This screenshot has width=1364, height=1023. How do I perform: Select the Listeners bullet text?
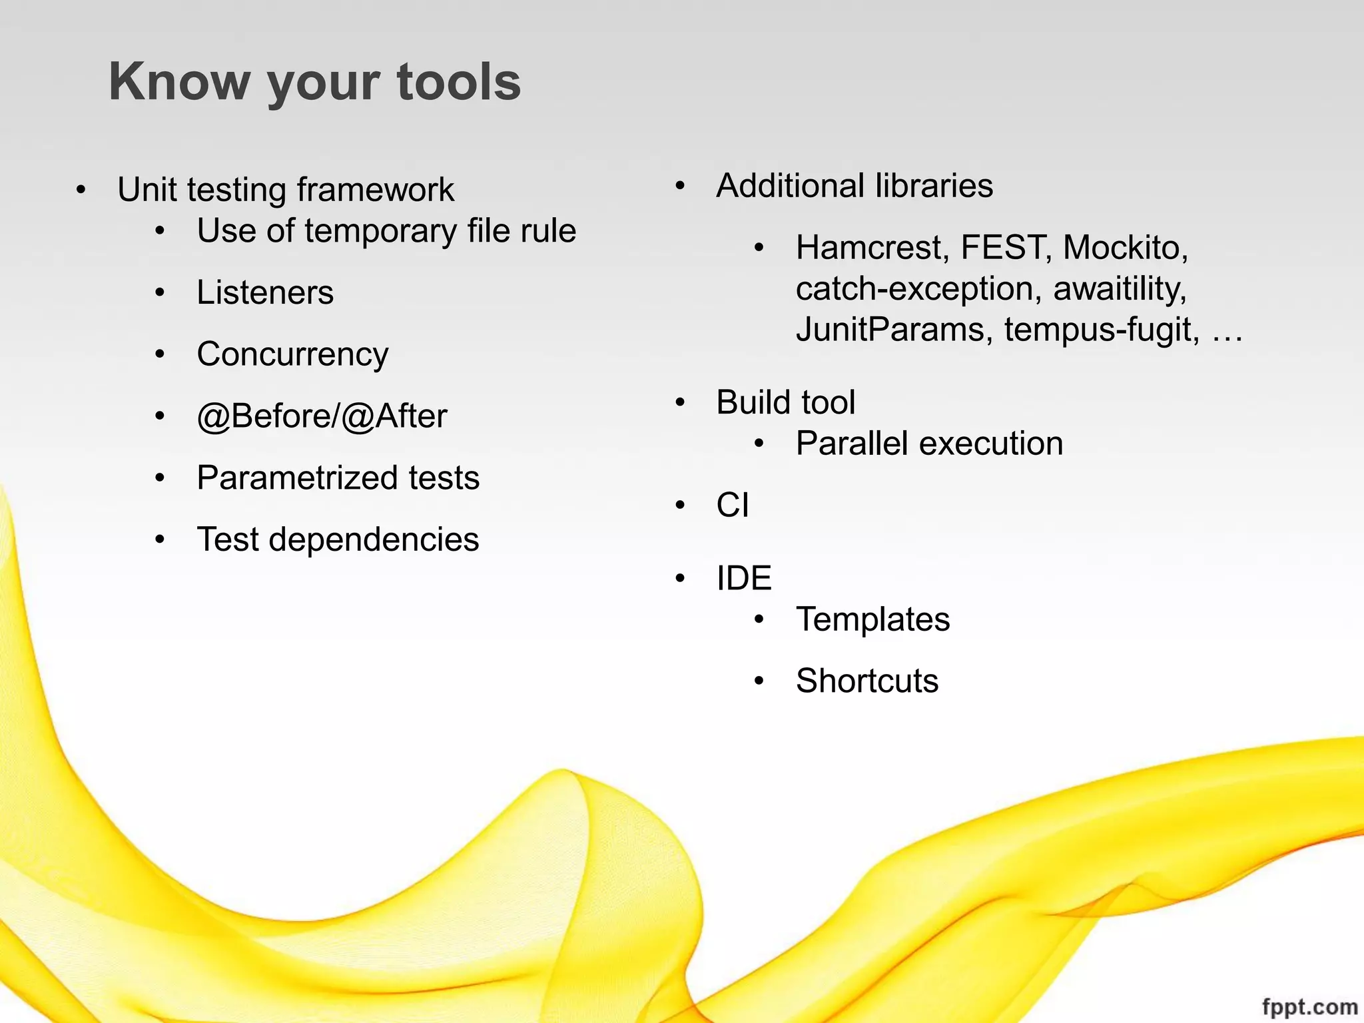[x=265, y=292]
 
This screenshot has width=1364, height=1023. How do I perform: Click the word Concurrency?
[x=292, y=354]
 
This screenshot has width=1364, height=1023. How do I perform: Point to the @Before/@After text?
[x=322, y=416]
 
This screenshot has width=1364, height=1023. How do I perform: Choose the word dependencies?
[x=374, y=539]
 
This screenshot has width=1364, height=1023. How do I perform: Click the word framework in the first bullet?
[x=376, y=190]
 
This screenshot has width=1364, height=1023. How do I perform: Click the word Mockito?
[x=1125, y=248]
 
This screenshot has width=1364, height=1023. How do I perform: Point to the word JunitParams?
[x=889, y=330]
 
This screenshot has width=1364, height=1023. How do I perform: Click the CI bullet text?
[x=732, y=505]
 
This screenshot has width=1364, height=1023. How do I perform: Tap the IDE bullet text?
[x=743, y=578]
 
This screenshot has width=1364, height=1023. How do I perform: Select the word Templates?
[x=872, y=619]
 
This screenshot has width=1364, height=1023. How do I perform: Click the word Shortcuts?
[x=866, y=681]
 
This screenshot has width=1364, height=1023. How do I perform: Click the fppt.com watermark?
[x=1309, y=1006]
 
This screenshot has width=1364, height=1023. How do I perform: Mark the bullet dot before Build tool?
[x=679, y=402]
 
